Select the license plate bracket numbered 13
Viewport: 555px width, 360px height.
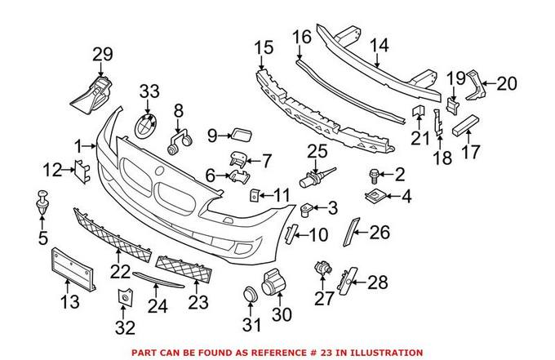click(74, 267)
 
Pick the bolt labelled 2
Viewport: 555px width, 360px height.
click(375, 174)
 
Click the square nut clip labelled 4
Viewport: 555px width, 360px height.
click(375, 196)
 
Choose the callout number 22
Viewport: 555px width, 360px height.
click(122, 269)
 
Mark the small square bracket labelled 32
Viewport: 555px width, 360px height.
click(126, 300)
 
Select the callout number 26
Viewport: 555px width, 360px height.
click(380, 232)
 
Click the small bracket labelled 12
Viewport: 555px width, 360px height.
click(82, 170)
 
